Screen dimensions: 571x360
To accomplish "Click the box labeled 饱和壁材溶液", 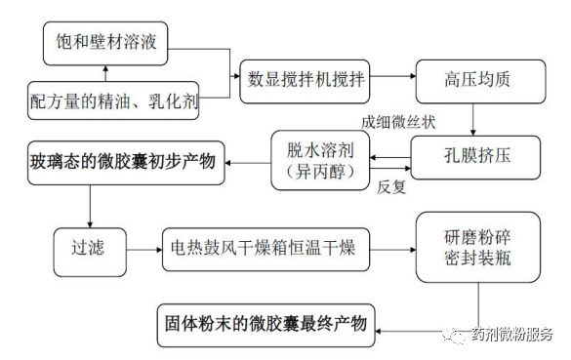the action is [105, 43].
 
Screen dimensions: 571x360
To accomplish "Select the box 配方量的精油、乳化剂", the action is [113, 100].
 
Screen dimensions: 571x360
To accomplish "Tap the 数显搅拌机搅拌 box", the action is [305, 82].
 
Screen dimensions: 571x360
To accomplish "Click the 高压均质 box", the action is [480, 82].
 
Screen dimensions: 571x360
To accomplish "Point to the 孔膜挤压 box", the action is [475, 157].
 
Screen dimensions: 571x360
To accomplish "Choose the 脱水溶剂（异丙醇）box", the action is [320, 161].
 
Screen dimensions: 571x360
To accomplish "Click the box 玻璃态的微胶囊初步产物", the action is [126, 163].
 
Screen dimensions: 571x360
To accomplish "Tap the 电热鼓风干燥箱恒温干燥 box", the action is [265, 250].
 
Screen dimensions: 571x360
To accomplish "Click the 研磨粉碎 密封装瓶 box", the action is [478, 247].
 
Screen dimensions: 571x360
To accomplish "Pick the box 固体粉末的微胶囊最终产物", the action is [266, 325].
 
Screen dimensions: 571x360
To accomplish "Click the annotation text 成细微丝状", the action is [398, 122].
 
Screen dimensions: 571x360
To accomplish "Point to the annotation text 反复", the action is [391, 187].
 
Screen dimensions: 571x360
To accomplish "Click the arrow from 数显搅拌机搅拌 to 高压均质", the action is [393, 76].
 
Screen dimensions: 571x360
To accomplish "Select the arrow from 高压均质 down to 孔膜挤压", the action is [472, 120].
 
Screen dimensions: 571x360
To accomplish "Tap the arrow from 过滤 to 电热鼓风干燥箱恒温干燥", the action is [144, 250].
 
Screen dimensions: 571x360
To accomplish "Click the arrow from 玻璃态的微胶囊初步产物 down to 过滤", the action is [90, 207].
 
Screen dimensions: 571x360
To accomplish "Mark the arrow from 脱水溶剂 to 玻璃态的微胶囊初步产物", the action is [248, 163].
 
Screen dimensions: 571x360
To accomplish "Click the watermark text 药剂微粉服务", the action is [512, 334].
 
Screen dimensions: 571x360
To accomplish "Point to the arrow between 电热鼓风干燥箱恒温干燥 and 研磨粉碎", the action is [393, 250].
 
